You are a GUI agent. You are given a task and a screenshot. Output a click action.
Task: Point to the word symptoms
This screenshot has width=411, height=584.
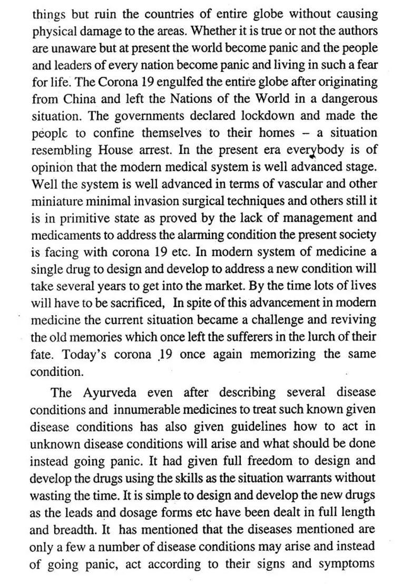click(x=347, y=563)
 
